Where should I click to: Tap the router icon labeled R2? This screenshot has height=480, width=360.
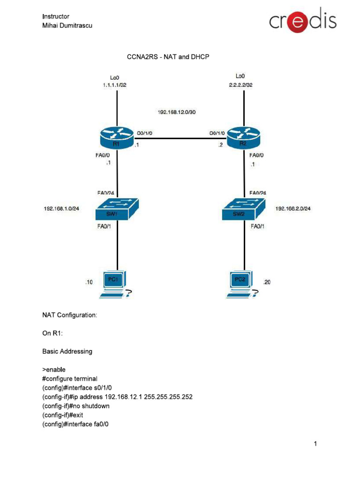(243, 137)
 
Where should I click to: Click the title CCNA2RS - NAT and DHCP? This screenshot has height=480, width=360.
(168, 57)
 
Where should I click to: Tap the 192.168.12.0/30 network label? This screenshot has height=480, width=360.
(177, 112)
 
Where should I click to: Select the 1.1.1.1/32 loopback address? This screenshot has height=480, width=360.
(114, 85)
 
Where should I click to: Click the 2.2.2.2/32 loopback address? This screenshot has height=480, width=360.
(240, 85)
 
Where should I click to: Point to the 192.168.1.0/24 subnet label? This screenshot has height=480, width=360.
(61, 209)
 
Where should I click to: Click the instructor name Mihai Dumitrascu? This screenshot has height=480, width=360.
(67, 25)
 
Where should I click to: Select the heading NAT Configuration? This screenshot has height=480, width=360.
(70, 315)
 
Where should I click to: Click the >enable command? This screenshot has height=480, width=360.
(54, 369)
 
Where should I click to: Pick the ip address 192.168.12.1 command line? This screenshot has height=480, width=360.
(117, 397)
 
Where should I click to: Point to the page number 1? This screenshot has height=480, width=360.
(316, 443)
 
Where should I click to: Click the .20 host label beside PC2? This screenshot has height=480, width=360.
(267, 282)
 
